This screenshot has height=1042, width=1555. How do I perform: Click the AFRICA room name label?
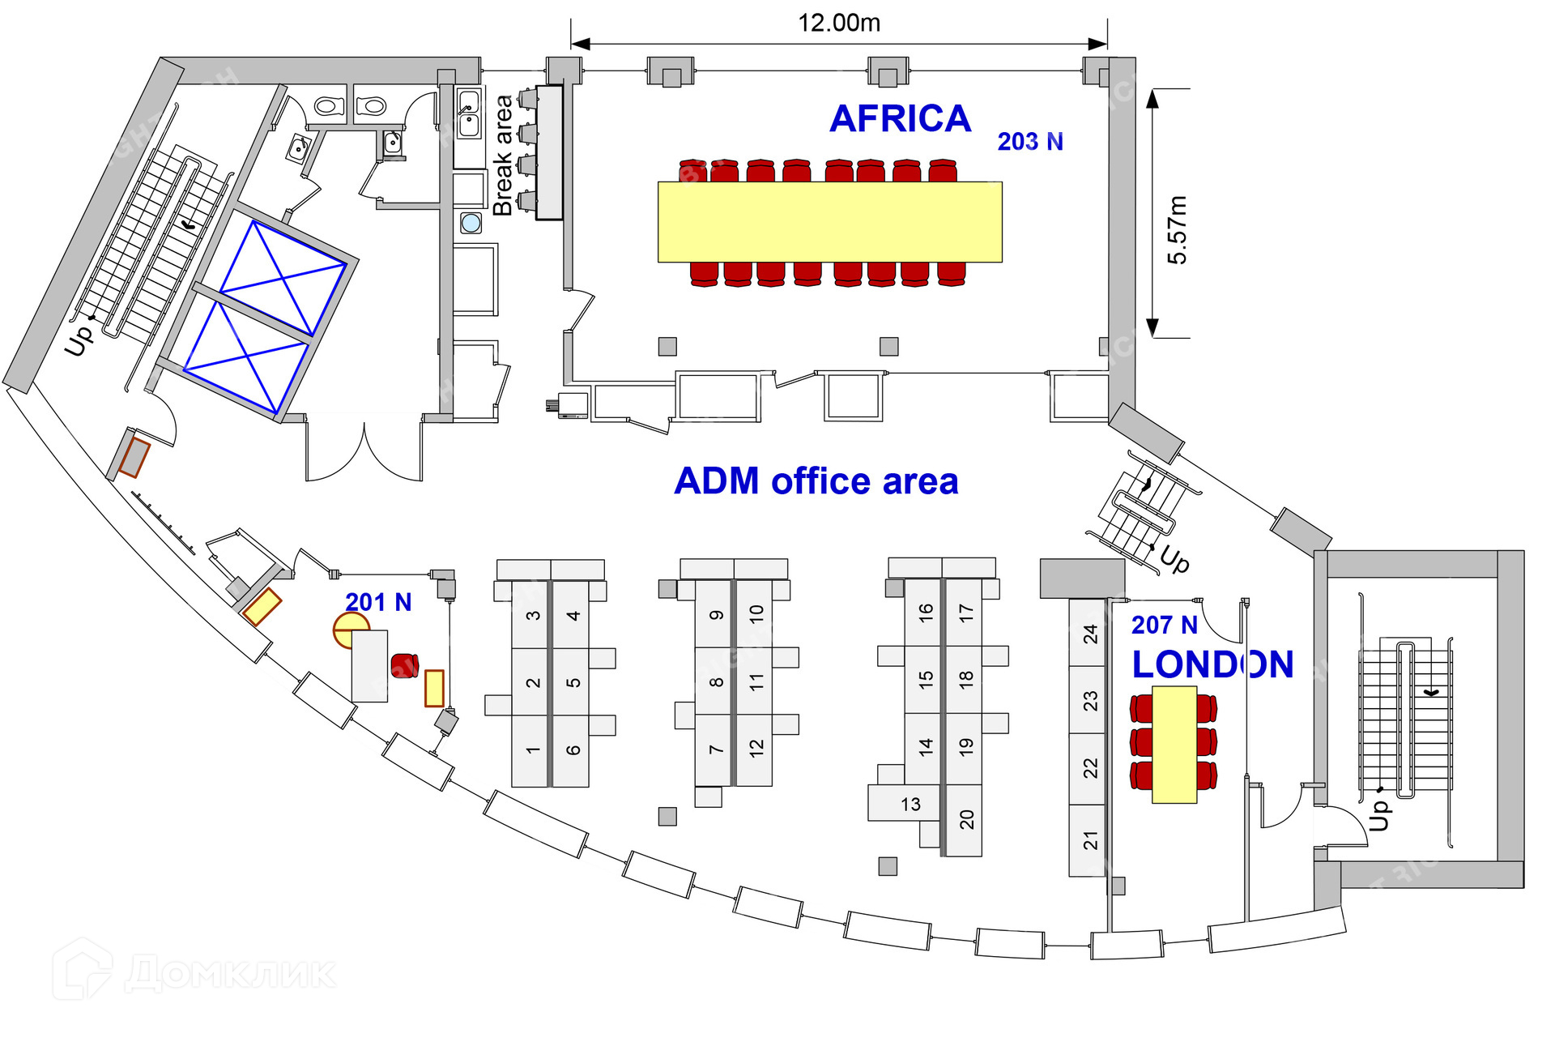(x=900, y=119)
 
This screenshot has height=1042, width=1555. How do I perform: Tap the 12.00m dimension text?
(x=839, y=23)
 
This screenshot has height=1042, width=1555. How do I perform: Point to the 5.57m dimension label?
(x=1177, y=230)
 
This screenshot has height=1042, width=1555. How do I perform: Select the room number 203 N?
(x=1030, y=142)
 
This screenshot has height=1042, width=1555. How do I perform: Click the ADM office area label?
(x=816, y=481)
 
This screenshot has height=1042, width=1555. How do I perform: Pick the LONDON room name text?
(x=1212, y=664)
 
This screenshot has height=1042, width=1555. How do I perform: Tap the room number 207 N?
(x=1164, y=625)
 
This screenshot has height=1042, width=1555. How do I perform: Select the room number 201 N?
(x=378, y=602)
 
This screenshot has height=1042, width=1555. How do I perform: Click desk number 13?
(x=910, y=805)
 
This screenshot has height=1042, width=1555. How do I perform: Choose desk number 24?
(x=1090, y=634)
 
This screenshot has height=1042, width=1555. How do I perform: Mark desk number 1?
(x=532, y=750)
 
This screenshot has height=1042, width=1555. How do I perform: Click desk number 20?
(x=966, y=819)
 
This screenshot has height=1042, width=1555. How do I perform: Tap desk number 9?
(x=716, y=615)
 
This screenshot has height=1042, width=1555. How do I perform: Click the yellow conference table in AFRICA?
(x=829, y=222)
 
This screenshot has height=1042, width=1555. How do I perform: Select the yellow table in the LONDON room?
(x=1174, y=745)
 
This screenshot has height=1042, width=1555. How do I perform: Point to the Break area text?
(x=503, y=156)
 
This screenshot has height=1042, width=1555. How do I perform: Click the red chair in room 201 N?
(x=404, y=665)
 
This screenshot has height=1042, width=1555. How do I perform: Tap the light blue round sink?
(x=471, y=222)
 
